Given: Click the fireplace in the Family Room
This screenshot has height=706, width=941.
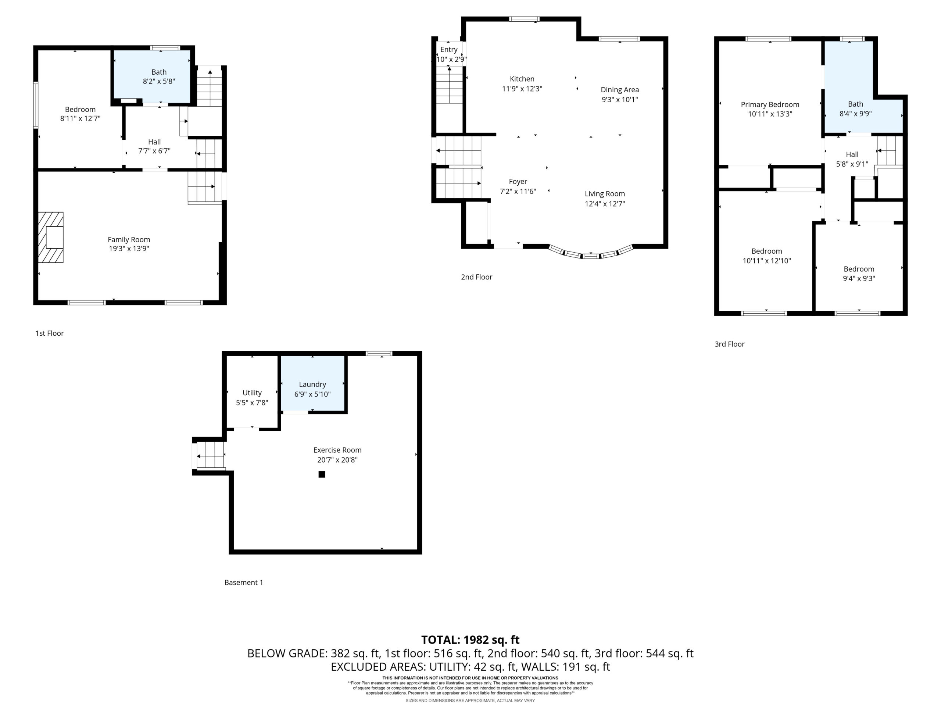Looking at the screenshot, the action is [51, 237].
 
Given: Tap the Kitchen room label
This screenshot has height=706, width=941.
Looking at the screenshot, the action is [522, 79].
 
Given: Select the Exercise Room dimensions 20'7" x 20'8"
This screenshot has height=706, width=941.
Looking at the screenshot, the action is [337, 460].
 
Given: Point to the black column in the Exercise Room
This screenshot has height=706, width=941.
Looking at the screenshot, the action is [322, 474].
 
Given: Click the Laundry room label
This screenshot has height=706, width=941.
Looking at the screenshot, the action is [312, 384].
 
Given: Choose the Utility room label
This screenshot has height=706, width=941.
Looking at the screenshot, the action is [252, 393].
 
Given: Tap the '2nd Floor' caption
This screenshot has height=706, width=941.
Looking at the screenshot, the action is [476, 277].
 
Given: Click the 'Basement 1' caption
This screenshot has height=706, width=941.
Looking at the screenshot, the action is [244, 582].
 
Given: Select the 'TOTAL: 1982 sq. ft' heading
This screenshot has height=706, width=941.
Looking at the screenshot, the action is [470, 639].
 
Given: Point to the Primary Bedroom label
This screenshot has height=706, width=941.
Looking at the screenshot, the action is [770, 104].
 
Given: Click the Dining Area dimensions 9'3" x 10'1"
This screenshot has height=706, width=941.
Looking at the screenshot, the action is [620, 100].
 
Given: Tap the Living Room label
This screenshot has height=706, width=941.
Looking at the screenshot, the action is [605, 194].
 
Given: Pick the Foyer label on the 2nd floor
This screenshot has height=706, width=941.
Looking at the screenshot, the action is [518, 181].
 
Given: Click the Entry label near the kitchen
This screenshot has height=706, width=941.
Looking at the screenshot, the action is [449, 49].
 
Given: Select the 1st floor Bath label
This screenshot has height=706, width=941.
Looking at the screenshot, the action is [159, 72].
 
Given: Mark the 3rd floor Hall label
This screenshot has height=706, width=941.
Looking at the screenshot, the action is [852, 154].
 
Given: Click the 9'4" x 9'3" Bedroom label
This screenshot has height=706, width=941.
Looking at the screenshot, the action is [859, 269].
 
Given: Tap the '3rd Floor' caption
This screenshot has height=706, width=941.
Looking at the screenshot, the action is [730, 344].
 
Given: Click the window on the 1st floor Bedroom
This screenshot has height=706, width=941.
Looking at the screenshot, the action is [36, 105].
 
